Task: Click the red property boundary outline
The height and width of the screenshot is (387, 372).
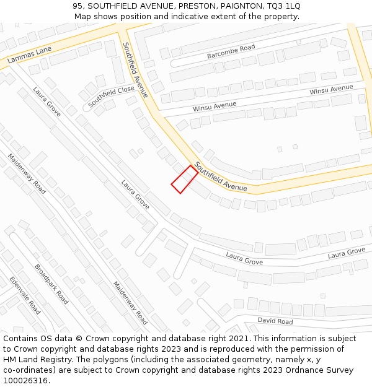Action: coord(185,180)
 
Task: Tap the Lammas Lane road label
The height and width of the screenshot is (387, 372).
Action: coord(29,55)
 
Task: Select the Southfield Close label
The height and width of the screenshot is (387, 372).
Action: coord(111,96)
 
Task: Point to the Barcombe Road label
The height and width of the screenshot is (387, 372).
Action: coord(231,51)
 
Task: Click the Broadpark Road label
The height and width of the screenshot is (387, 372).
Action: coord(51,284)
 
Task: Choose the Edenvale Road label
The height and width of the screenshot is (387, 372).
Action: coord(25,295)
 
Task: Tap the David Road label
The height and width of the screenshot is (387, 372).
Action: coord(275,321)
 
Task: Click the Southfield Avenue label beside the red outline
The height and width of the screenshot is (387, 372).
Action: coord(221,176)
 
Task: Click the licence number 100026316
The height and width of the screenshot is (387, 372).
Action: coord(25,381)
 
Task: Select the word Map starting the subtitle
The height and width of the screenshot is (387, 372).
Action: coord(82,17)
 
